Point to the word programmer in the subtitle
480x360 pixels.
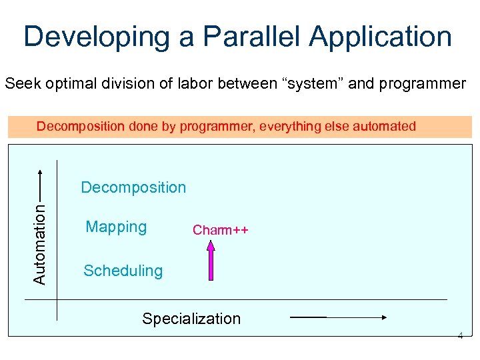click(422, 84)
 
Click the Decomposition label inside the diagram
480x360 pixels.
click(133, 187)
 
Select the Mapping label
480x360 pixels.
click(116, 227)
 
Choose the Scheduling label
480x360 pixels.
click(123, 271)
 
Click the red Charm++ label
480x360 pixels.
click(220, 231)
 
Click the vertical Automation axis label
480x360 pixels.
click(40, 244)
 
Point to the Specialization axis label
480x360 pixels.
click(191, 319)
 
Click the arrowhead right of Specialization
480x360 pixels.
click(383, 319)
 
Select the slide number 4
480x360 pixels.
click(460, 336)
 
